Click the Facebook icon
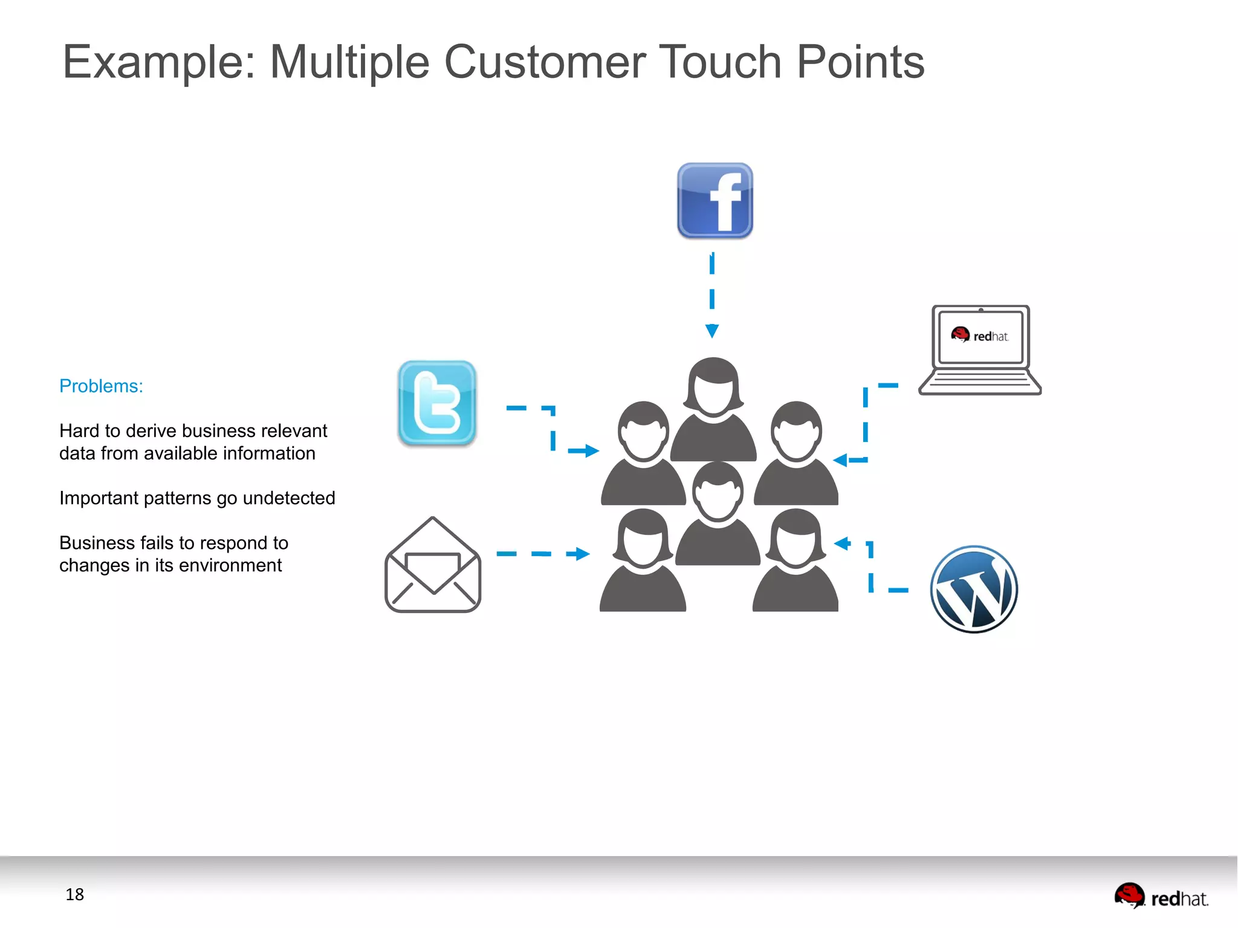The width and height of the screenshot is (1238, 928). pos(715,201)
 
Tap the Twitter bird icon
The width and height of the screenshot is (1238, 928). pos(437,403)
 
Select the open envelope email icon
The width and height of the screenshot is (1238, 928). pos(433,565)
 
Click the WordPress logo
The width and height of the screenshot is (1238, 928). pos(974,589)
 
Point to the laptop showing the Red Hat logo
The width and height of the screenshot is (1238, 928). pos(980,351)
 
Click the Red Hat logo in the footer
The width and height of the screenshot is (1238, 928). pos(1161,897)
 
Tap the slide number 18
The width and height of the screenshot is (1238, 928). pos(74,894)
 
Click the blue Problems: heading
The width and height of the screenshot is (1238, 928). pos(101,386)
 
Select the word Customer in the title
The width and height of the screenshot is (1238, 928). pos(545,62)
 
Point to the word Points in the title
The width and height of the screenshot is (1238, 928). pos(860,62)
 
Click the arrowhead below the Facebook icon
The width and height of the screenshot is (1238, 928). pos(712,331)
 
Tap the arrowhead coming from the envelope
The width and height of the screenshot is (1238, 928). pos(582,554)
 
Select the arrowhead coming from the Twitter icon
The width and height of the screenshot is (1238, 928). pos(591,450)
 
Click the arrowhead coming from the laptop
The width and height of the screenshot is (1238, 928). pos(841,460)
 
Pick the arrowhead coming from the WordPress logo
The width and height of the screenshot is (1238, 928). pos(842,543)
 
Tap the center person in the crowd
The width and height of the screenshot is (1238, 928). pos(717,514)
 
